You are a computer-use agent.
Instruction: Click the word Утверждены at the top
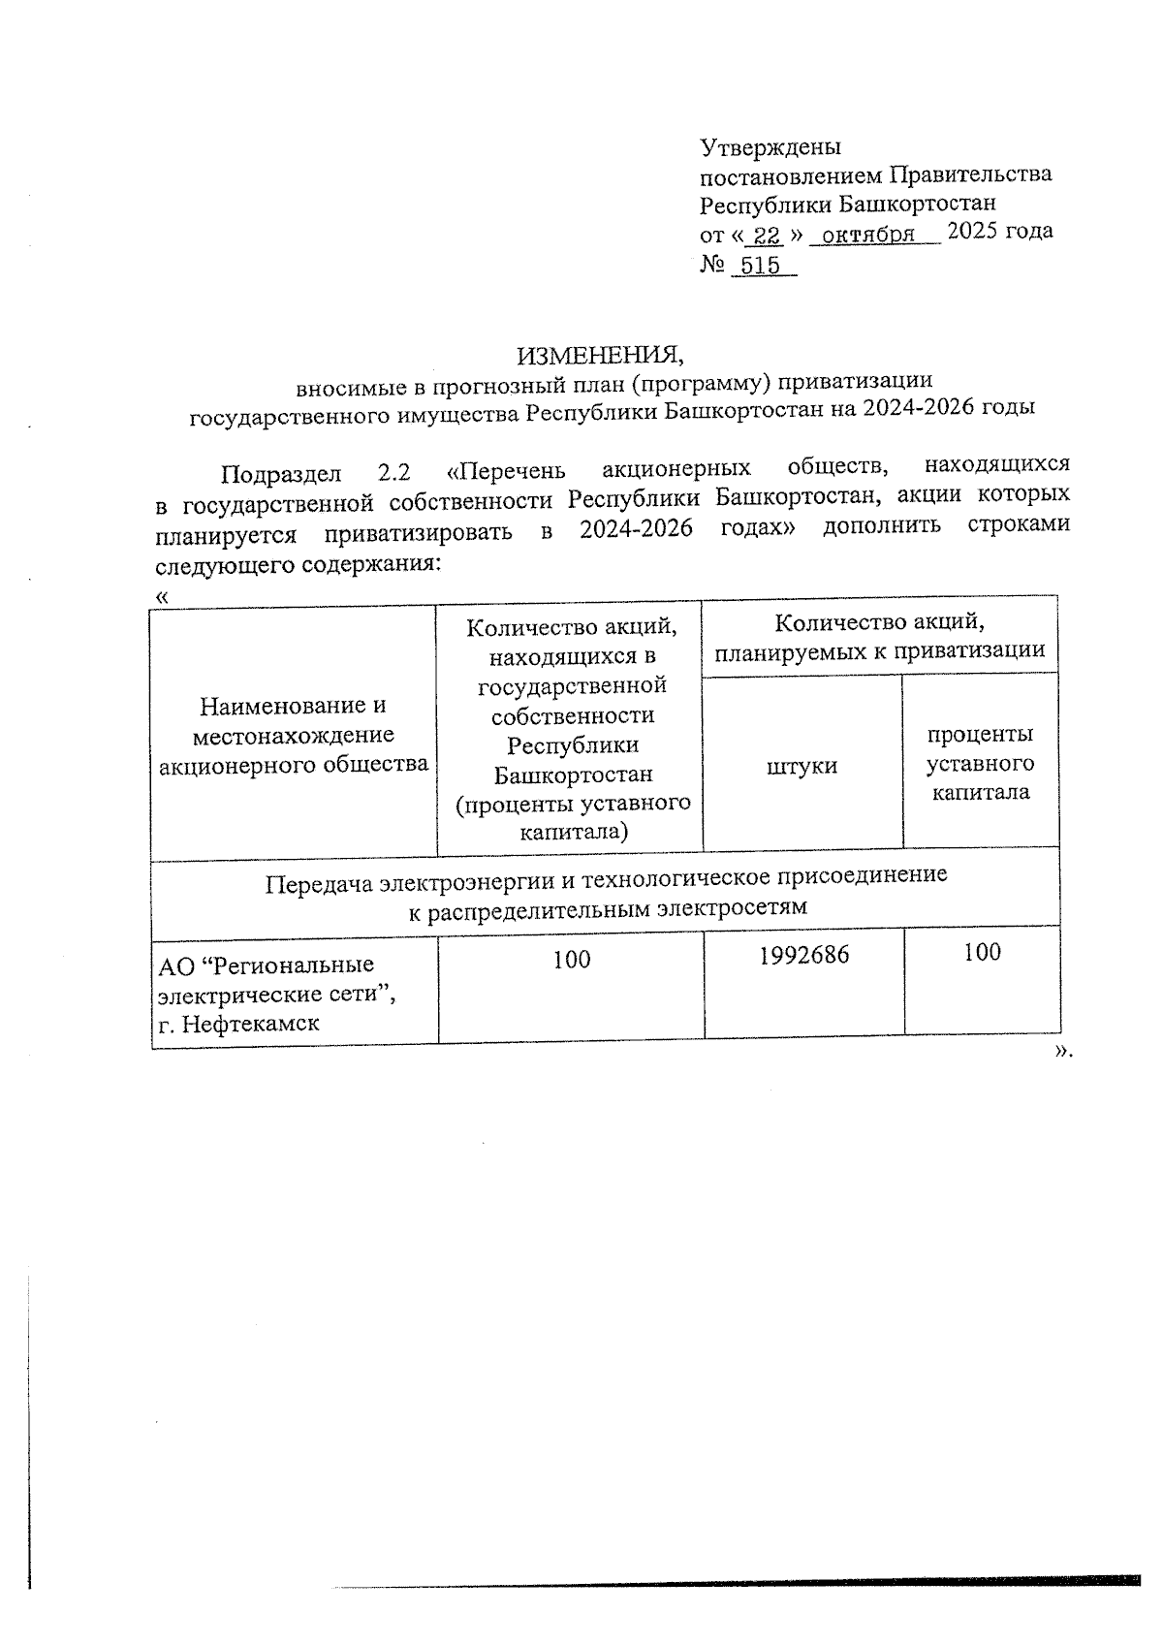770,147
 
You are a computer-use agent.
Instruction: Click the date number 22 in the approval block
768,236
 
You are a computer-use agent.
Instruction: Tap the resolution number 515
760,266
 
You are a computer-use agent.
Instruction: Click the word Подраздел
281,474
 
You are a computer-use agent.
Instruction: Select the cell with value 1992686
803,955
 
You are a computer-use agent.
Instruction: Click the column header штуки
802,766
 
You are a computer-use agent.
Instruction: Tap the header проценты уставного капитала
981,763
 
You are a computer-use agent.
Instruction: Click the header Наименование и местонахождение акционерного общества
293,735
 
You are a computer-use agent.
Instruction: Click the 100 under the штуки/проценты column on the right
982,953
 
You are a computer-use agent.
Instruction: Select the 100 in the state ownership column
572,960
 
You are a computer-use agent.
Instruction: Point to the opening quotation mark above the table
162,597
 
